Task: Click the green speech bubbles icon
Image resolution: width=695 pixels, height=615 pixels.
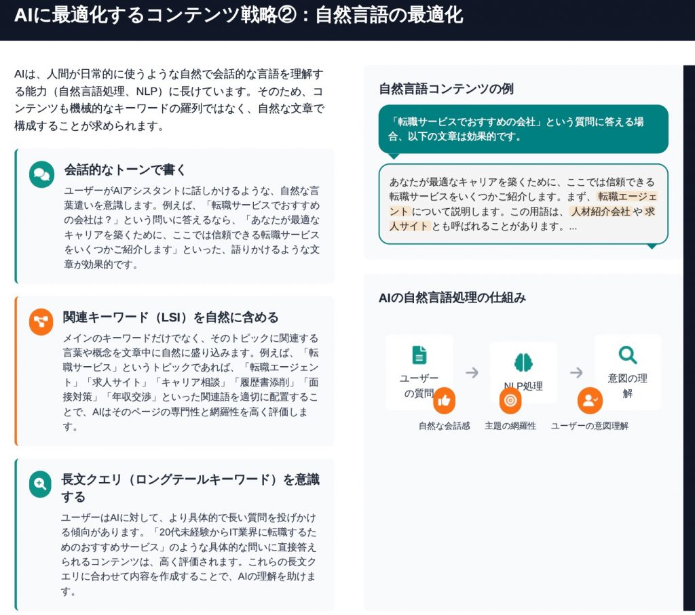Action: point(41,174)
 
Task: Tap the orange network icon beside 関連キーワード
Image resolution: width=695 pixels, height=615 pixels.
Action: point(41,322)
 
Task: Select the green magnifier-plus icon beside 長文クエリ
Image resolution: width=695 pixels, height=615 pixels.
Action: point(40,484)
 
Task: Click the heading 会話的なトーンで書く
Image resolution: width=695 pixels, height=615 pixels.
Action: point(125,170)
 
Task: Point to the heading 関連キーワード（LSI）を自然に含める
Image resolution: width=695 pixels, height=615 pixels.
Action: point(170,317)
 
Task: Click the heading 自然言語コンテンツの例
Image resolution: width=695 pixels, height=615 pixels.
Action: point(447,89)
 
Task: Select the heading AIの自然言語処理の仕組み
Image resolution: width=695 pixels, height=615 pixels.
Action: point(452,298)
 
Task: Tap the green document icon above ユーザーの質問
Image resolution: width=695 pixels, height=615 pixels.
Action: point(419,355)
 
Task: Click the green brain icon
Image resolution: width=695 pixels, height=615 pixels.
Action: point(523,363)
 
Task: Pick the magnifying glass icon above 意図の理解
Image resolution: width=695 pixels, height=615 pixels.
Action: point(628,355)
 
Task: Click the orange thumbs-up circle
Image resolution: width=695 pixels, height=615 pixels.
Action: point(444,400)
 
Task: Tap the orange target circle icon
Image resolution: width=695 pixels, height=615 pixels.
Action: point(510,400)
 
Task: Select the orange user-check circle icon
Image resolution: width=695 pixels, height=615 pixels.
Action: point(590,400)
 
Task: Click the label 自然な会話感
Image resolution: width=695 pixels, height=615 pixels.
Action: point(444,426)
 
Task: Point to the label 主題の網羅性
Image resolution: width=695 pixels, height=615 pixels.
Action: point(510,426)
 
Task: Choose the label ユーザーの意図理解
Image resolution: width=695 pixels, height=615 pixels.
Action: point(590,426)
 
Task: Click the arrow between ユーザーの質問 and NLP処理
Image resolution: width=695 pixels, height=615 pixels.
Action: point(472,372)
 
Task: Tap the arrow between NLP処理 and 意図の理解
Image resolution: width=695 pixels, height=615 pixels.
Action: point(576,372)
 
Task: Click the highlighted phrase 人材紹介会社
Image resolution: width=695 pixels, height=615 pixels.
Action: point(601,212)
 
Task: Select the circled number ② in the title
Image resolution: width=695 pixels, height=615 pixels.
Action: point(286,16)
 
